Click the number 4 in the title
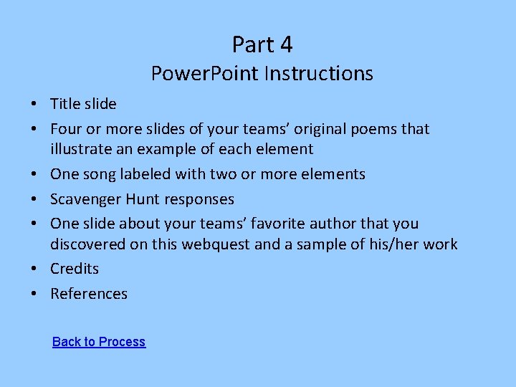(x=285, y=44)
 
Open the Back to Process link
(x=99, y=342)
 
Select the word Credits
(x=75, y=269)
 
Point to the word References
(x=89, y=294)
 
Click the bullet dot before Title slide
(x=34, y=105)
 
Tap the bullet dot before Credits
(x=34, y=269)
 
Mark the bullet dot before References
(x=34, y=295)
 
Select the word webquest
(x=214, y=244)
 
